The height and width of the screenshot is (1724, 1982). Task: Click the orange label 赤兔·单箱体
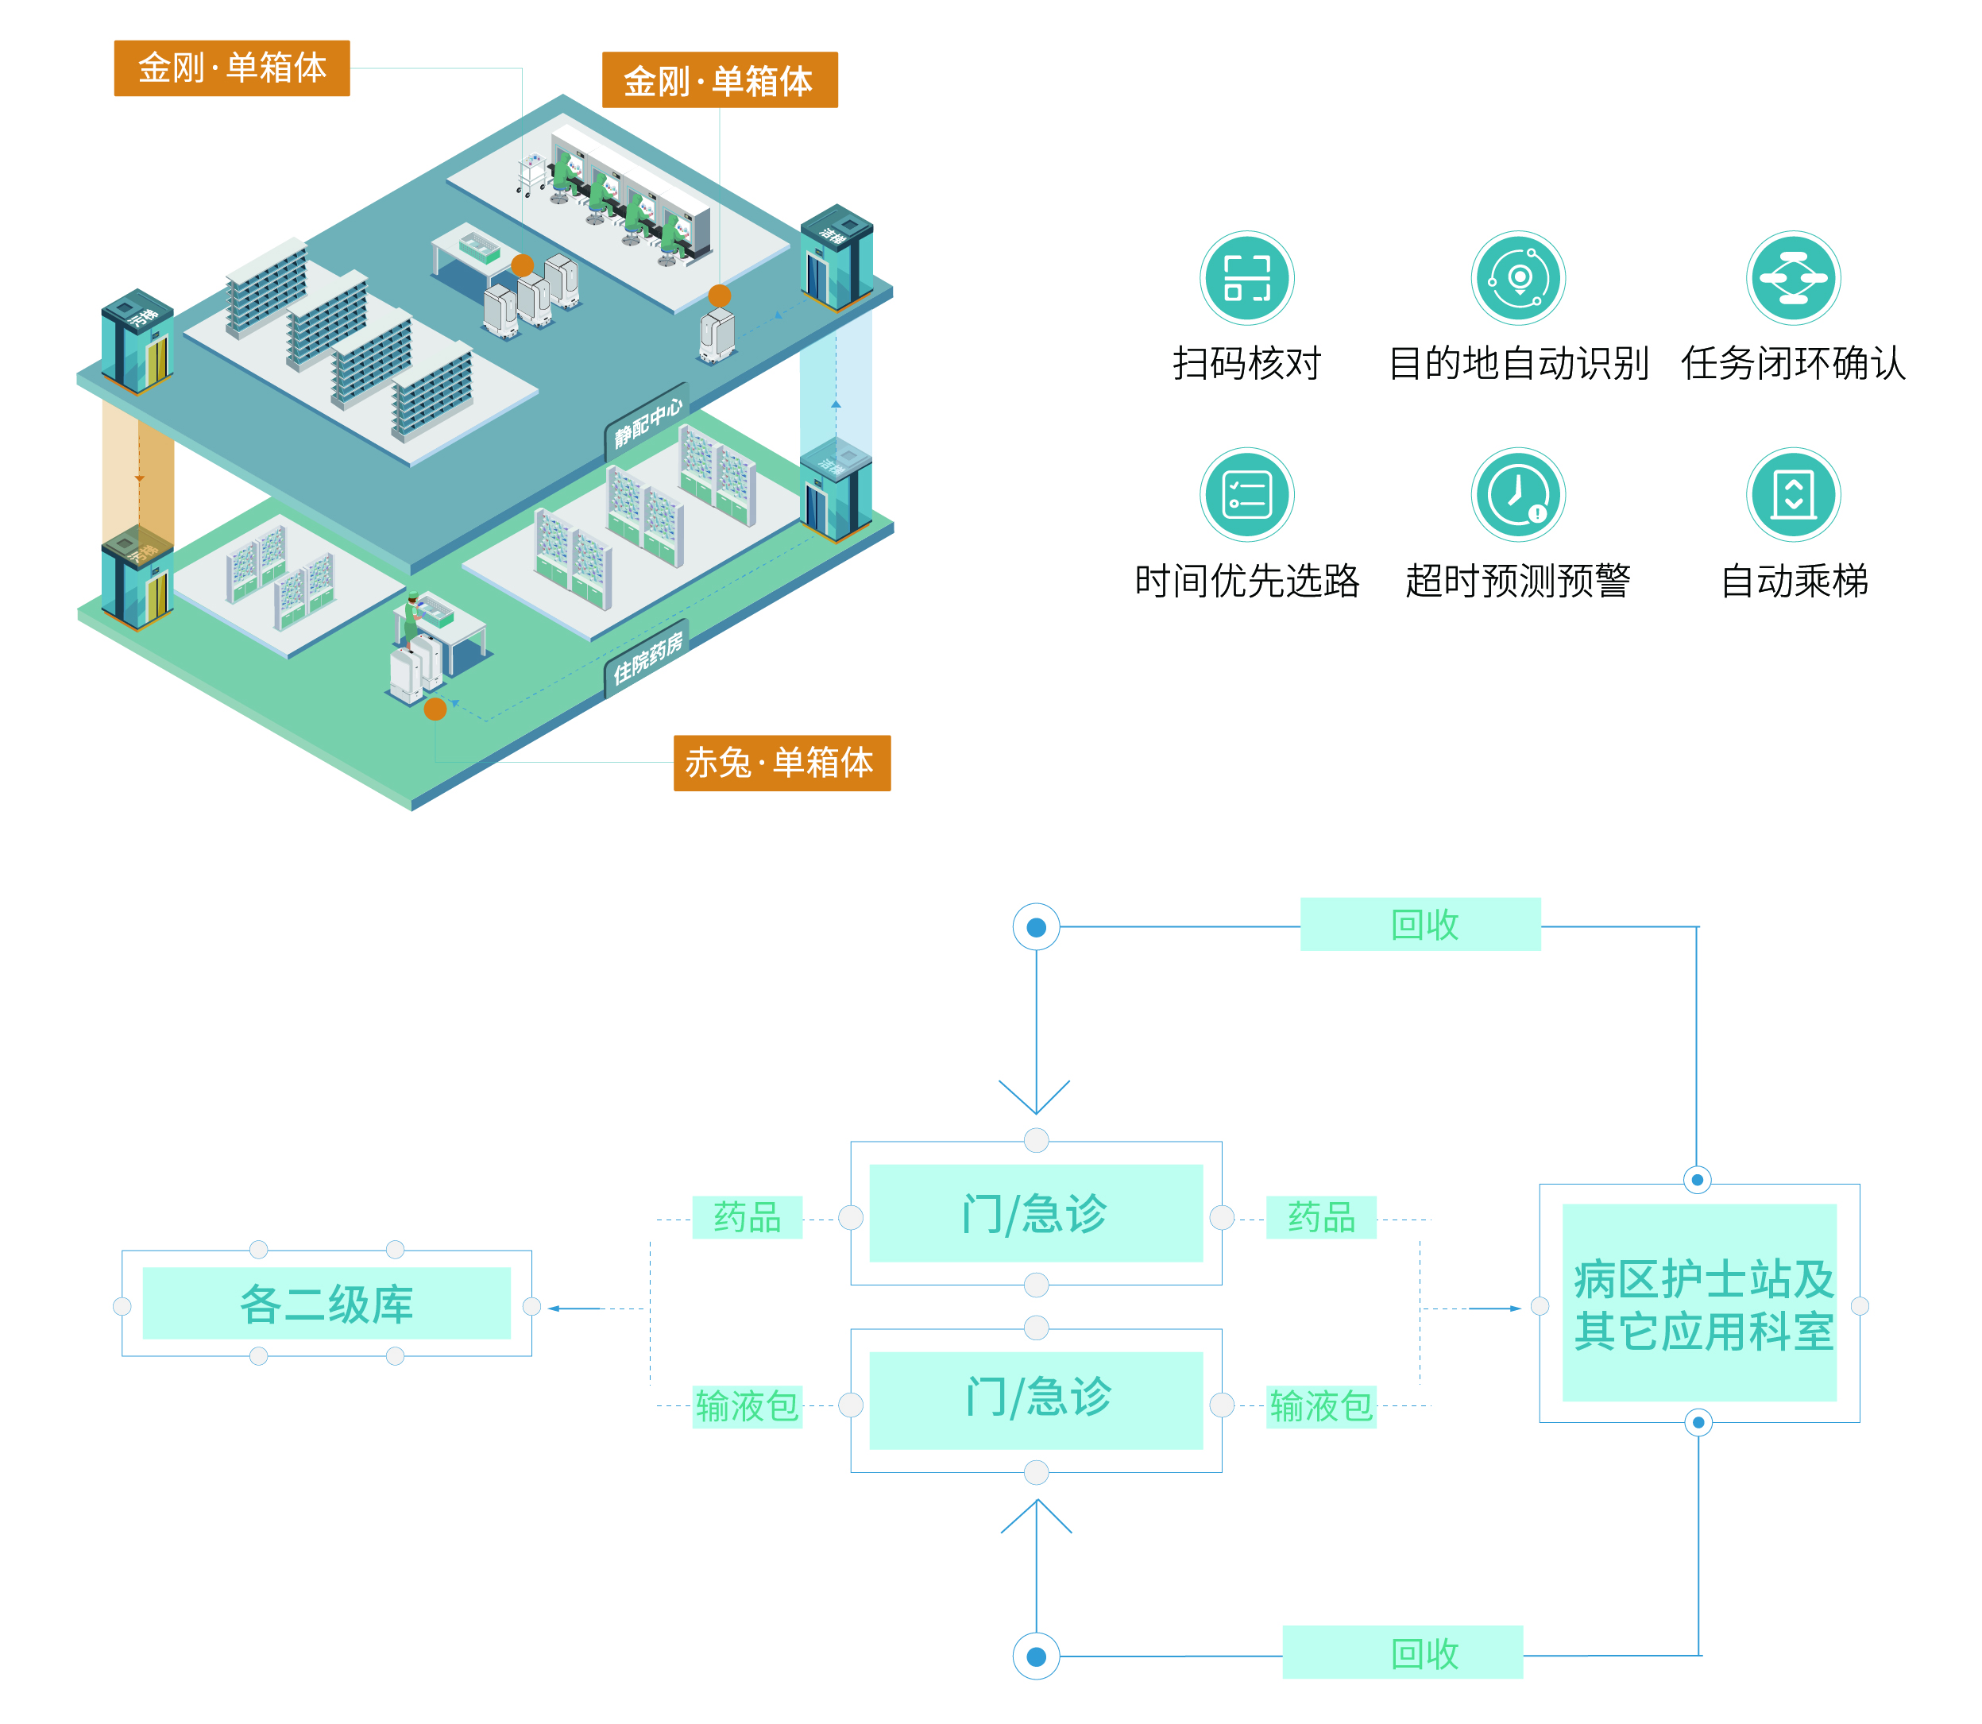point(780,763)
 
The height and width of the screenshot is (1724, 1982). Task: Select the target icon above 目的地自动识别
point(1518,278)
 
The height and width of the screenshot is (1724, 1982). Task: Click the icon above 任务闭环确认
point(1792,278)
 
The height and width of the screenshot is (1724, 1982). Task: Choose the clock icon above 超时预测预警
point(1518,494)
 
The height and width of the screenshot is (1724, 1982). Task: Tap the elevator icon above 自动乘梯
point(1792,494)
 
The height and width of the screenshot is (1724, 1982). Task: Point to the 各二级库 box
point(326,1304)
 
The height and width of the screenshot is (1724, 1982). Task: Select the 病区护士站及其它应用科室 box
point(1698,1303)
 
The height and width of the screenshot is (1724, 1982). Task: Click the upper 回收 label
point(1420,925)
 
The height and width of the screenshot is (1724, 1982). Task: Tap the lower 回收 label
point(1402,1652)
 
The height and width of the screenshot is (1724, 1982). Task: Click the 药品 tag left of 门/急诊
point(747,1217)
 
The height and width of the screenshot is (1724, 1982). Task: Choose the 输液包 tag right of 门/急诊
point(1320,1406)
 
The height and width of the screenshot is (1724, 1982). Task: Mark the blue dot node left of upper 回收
point(1036,927)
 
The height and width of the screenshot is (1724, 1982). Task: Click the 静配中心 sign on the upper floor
point(647,423)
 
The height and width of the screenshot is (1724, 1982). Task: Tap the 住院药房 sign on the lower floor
point(647,658)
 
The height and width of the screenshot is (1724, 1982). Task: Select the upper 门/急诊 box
point(1035,1213)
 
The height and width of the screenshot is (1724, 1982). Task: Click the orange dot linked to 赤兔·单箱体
point(435,709)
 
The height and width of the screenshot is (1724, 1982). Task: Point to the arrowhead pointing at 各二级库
point(555,1308)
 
